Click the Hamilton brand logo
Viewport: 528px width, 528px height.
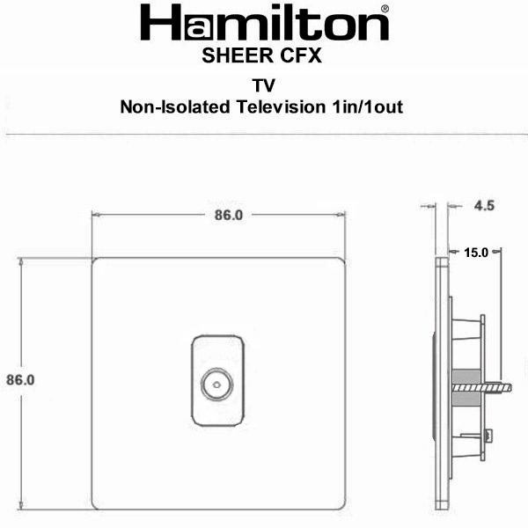[265, 23]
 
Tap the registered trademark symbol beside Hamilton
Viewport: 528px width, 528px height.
[385, 9]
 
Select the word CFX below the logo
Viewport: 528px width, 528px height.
[301, 55]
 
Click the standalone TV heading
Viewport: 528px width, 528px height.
[264, 85]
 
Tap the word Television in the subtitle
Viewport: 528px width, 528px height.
[281, 106]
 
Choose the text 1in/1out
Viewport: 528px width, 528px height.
[367, 106]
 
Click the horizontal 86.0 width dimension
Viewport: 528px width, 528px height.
[229, 216]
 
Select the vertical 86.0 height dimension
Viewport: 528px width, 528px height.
[20, 380]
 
